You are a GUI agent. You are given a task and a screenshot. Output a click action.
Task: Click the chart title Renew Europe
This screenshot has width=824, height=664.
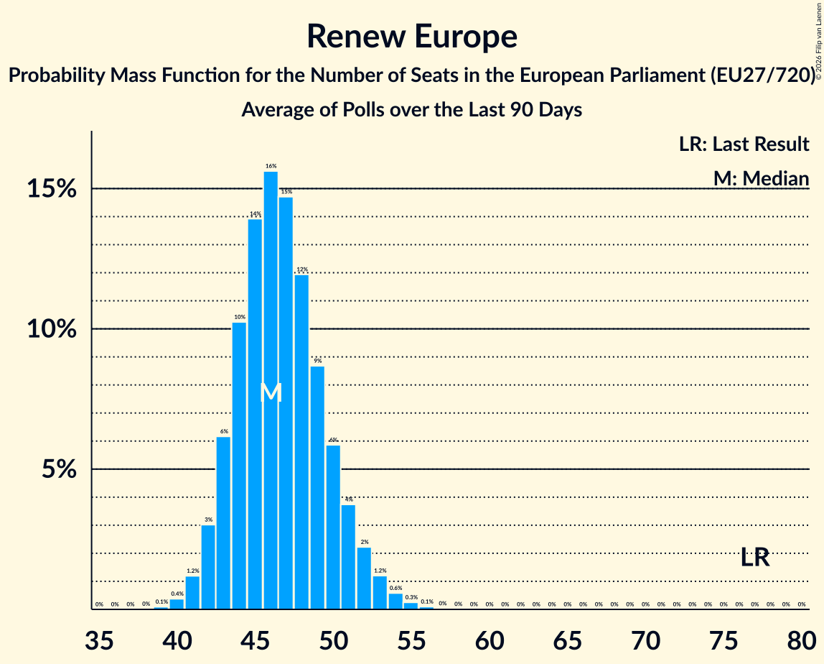[x=412, y=36]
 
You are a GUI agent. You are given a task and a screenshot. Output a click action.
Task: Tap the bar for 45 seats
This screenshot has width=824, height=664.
[x=255, y=414]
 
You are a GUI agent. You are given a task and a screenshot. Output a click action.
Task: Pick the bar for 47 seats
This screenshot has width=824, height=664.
[x=286, y=402]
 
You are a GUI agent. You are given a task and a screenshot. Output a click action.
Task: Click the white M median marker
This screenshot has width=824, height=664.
[x=271, y=392]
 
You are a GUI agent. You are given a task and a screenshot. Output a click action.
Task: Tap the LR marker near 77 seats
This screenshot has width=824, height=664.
[x=755, y=557]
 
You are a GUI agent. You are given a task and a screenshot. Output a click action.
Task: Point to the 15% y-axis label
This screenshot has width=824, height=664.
[x=51, y=190]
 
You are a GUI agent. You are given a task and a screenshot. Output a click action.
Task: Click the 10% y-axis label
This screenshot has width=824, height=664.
[x=51, y=330]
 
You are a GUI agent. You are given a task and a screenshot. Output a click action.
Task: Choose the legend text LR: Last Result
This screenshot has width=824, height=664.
[x=744, y=144]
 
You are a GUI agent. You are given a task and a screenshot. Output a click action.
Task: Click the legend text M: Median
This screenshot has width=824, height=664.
[x=761, y=178]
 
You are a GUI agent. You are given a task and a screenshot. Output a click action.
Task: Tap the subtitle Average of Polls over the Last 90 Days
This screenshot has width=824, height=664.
[x=411, y=110]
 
